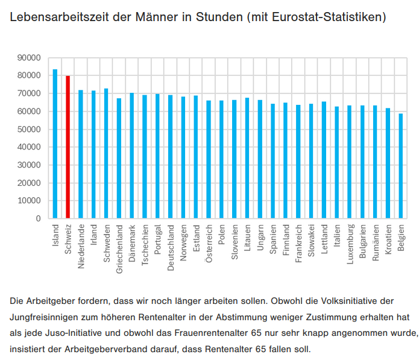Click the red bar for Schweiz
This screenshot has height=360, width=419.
(68, 147)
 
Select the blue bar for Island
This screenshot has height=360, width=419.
(55, 144)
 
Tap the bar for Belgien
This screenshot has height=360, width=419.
(400, 166)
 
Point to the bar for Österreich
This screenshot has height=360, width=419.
(209, 159)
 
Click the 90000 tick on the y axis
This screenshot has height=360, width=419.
(29, 58)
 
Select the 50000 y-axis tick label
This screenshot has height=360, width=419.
(29, 129)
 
